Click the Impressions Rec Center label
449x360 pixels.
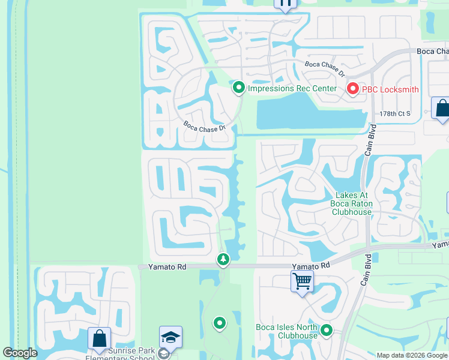tap(292, 89)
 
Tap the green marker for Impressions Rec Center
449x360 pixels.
tap(239, 89)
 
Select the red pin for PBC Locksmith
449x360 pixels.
tap(352, 89)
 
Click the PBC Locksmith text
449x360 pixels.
tap(390, 89)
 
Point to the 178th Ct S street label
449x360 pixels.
tap(394, 113)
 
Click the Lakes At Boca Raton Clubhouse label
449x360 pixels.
tap(354, 203)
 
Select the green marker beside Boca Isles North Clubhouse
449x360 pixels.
tap(327, 331)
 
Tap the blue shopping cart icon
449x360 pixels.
tap(302, 280)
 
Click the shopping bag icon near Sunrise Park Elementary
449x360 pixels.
tap(99, 338)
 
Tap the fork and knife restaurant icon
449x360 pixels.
tap(286, 4)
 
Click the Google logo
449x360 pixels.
tap(20, 353)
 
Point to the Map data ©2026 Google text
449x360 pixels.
tap(412, 355)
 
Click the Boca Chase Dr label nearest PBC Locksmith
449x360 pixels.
tap(325, 68)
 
